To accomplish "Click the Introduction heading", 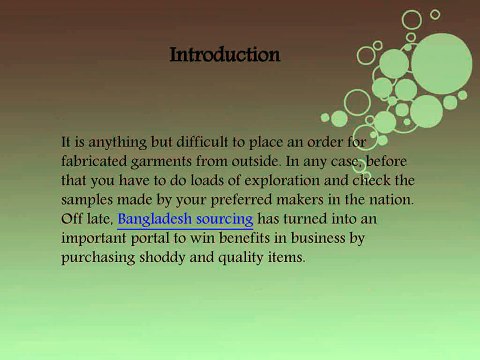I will [x=225, y=54].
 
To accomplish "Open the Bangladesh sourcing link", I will [x=185, y=217].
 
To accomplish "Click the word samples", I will [x=89, y=199].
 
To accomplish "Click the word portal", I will [x=163, y=237].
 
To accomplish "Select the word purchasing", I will [x=100, y=256].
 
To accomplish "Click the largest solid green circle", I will [x=441, y=62].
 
